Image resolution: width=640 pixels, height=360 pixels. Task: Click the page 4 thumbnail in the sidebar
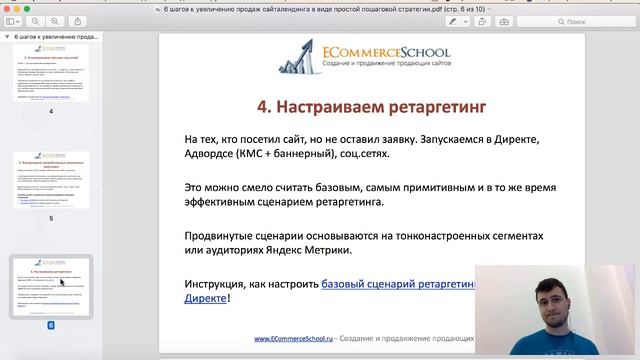tap(51, 72)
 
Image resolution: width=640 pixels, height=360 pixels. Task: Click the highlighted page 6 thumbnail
tap(51, 286)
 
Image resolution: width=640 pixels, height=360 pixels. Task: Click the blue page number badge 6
tap(51, 325)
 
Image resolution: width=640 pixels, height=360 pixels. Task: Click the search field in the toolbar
tap(595, 20)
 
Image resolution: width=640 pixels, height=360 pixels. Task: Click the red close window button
tap(9, 6)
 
